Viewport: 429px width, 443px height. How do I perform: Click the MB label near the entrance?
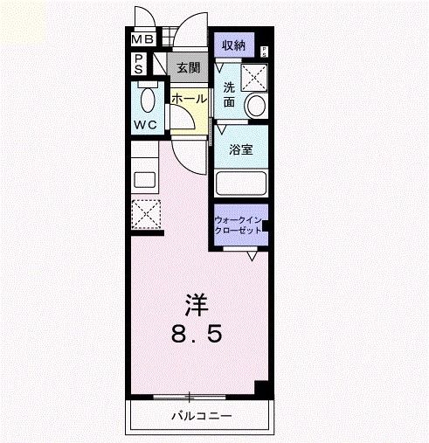pyautogui.click(x=142, y=40)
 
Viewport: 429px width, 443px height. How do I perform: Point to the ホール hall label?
pyautogui.click(x=190, y=99)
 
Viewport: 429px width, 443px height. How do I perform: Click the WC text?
pyautogui.click(x=145, y=124)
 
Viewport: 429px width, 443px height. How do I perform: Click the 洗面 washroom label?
pyautogui.click(x=228, y=94)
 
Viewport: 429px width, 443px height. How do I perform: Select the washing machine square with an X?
pyautogui.click(x=253, y=76)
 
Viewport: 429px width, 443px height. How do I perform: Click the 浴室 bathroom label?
pyautogui.click(x=241, y=149)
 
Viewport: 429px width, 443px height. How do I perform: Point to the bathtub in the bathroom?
pyautogui.click(x=241, y=184)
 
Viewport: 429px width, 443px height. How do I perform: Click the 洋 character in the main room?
pyautogui.click(x=197, y=304)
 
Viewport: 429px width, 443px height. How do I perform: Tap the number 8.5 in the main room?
pyautogui.click(x=198, y=334)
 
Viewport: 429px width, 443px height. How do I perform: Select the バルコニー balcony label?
pyautogui.click(x=201, y=415)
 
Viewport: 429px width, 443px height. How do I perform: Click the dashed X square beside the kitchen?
pyautogui.click(x=145, y=213)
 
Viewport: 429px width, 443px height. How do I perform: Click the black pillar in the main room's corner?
pyautogui.click(x=259, y=388)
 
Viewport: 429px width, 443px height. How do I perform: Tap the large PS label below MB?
pyautogui.click(x=140, y=64)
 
